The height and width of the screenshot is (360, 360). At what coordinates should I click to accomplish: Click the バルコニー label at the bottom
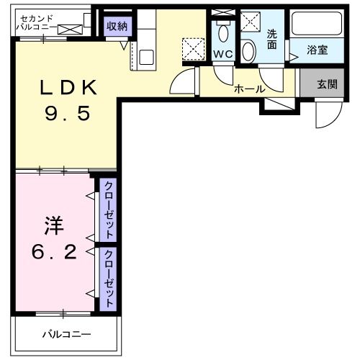66,334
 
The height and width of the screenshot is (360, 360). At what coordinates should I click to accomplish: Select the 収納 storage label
117,26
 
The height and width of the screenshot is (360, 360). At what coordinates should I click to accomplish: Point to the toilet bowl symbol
222,32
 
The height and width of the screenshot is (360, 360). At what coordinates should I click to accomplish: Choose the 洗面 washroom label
272,39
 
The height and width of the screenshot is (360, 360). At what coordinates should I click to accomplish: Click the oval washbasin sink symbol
248,51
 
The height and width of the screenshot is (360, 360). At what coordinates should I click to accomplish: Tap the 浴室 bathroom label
318,50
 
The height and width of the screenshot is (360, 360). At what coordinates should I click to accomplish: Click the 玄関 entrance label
327,84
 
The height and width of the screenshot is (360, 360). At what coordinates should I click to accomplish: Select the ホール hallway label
250,89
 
